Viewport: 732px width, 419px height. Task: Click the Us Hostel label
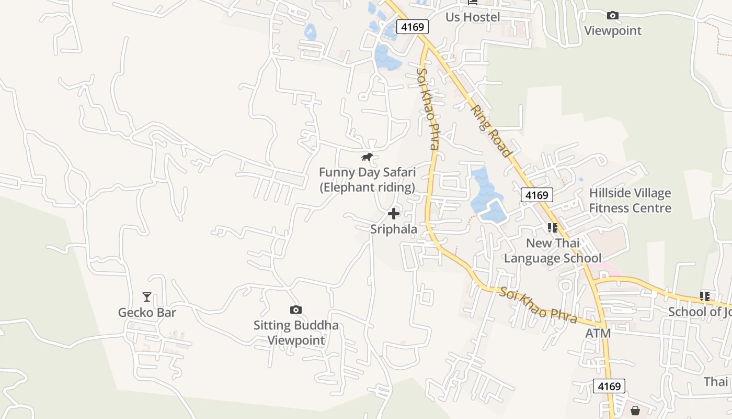click(x=473, y=17)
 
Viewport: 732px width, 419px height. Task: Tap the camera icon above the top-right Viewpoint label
click(x=613, y=16)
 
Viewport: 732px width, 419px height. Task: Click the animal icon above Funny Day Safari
click(x=367, y=157)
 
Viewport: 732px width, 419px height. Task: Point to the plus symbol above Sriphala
click(x=394, y=214)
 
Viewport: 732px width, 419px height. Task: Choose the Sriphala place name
click(x=394, y=229)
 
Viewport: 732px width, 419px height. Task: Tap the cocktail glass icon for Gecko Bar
click(x=147, y=297)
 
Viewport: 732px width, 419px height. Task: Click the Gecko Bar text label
click(x=147, y=313)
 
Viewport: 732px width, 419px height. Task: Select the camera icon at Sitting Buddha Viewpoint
click(x=295, y=310)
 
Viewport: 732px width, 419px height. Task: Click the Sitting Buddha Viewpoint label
click(x=296, y=333)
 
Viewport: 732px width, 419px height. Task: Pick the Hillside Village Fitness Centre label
click(x=630, y=201)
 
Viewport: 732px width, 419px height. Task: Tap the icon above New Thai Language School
click(x=553, y=228)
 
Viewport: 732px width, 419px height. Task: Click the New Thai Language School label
click(x=553, y=250)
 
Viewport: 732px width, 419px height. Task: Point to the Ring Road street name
click(x=490, y=131)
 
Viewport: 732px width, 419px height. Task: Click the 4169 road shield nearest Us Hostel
click(x=413, y=27)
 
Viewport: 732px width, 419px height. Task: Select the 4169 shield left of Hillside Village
click(x=537, y=195)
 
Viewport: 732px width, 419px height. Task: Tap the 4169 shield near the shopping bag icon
click(x=610, y=387)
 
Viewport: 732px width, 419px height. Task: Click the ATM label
click(x=598, y=333)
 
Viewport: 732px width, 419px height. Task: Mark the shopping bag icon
click(x=635, y=411)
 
